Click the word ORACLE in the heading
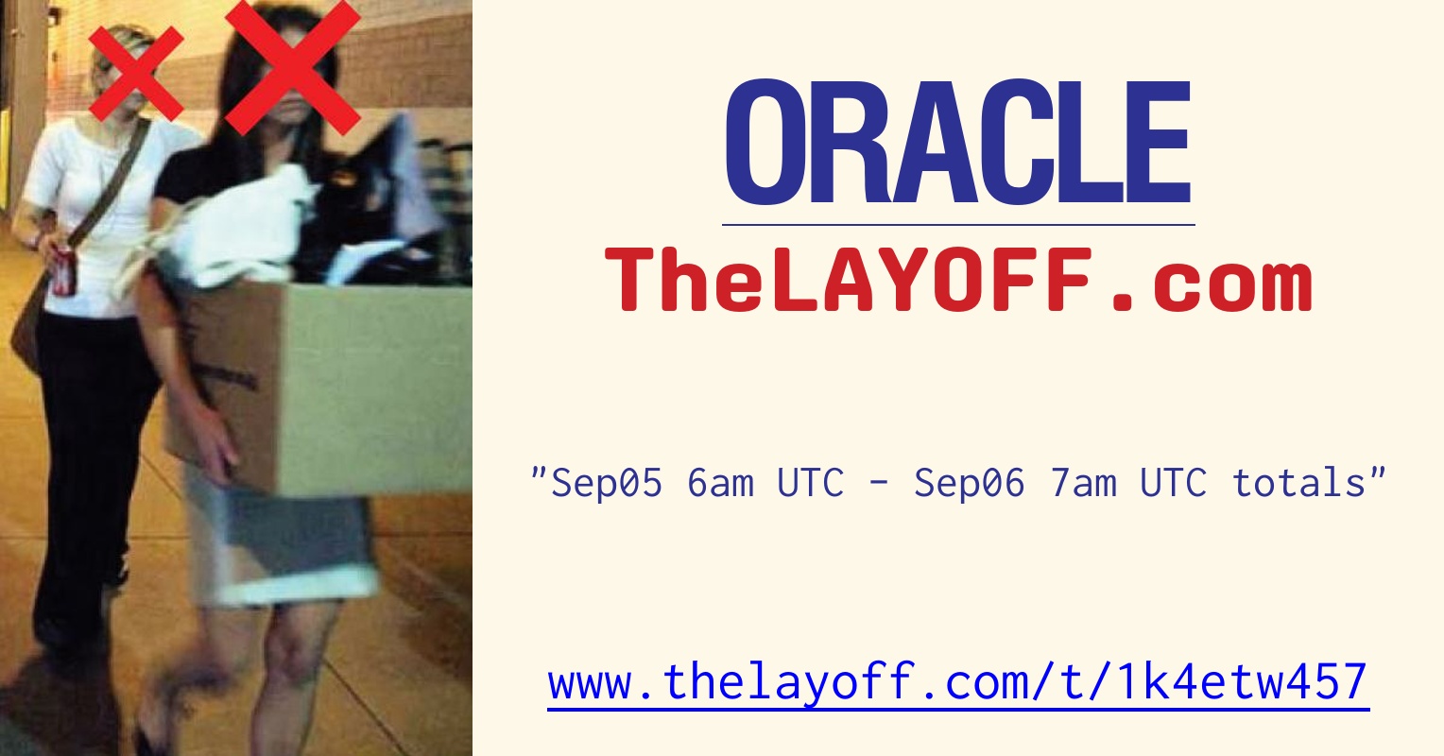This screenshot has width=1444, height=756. [957, 144]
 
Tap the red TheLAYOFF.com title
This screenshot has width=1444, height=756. [958, 280]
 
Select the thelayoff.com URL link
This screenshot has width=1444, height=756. [958, 682]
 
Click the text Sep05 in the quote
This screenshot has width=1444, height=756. [606, 483]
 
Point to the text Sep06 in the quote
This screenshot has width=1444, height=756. [969, 483]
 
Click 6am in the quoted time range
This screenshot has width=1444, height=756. [720, 483]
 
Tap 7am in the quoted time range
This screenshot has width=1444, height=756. [1083, 483]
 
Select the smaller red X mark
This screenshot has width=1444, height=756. [136, 74]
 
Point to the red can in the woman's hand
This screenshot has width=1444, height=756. [63, 270]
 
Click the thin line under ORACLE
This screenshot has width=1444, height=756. [958, 225]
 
